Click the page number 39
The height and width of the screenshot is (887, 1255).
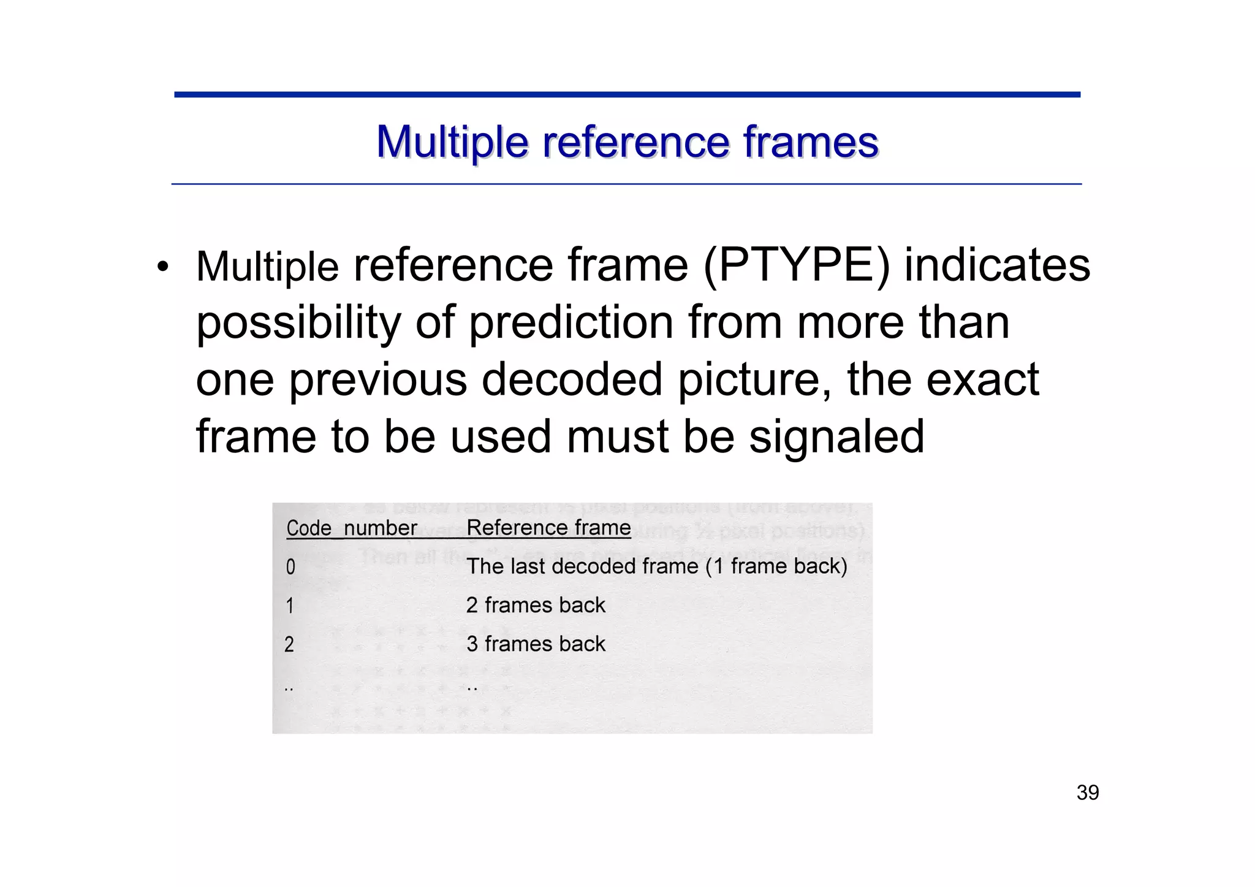coord(1088,793)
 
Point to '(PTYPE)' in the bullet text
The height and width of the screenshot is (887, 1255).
coord(796,266)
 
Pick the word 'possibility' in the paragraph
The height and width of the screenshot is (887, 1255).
coord(298,323)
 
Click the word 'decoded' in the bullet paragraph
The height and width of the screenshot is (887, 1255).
coord(572,379)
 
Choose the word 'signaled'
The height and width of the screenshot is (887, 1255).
coord(836,436)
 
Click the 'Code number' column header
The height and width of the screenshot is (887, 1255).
coord(351,528)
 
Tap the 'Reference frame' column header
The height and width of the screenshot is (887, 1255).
coord(548,528)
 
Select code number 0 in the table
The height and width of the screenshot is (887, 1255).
coord(290,567)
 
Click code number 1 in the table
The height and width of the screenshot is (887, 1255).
coord(290,606)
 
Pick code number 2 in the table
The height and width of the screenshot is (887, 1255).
coord(289,645)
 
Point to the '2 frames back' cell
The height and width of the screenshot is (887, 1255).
coord(535,606)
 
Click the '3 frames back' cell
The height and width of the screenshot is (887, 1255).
coord(535,644)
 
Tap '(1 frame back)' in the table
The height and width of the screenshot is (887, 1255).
coord(776,566)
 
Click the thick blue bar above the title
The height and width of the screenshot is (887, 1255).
coord(627,95)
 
